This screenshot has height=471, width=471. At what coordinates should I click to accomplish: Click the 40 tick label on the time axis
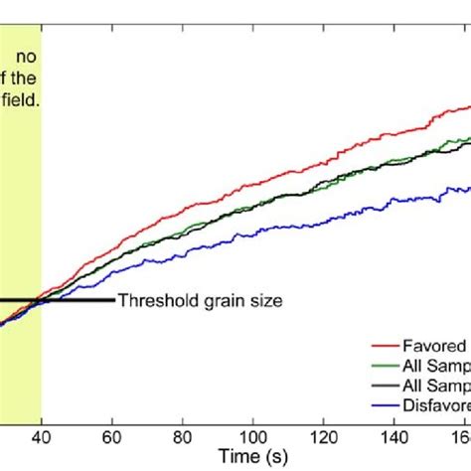[x=41, y=437]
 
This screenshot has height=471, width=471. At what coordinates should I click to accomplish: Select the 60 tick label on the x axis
[x=112, y=437]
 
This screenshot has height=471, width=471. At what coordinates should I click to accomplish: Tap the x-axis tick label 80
[x=183, y=437]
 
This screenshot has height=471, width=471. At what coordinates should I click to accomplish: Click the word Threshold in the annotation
[x=153, y=300]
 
